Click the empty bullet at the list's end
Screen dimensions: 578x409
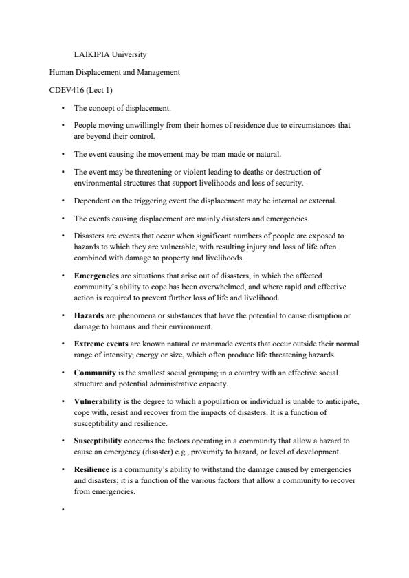pyautogui.click(x=63, y=509)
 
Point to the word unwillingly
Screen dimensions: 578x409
pyautogui.click(x=140, y=126)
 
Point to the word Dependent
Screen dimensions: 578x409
pyautogui.click(x=90, y=201)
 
